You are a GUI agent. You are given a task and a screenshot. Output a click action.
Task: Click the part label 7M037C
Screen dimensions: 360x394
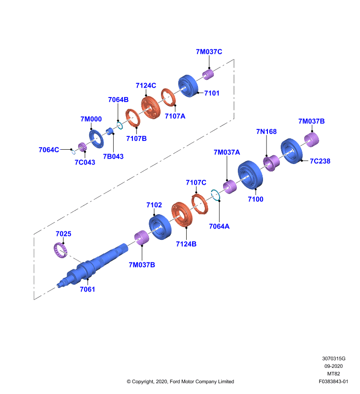(x=209, y=52)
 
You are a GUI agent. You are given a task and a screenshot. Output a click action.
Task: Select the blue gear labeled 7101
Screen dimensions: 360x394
(x=188, y=86)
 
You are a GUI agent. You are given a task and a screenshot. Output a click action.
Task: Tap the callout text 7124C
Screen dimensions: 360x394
(x=146, y=85)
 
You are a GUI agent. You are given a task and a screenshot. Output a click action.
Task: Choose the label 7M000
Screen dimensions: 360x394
(x=91, y=119)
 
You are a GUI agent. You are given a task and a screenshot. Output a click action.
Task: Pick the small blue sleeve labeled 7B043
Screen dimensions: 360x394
(x=110, y=131)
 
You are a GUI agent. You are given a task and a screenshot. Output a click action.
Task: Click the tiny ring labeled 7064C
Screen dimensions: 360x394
(x=73, y=152)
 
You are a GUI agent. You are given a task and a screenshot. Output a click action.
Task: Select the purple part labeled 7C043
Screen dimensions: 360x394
(x=82, y=147)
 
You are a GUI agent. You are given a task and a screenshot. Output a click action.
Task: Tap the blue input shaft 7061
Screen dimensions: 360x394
(x=93, y=265)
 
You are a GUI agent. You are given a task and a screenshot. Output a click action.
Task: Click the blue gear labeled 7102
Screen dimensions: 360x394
(x=160, y=227)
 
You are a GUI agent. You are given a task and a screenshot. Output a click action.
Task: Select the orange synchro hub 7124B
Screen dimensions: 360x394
(x=182, y=214)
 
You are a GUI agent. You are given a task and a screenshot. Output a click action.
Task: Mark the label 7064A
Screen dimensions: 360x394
(x=219, y=227)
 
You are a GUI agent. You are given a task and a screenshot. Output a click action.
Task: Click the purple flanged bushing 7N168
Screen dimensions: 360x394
(x=271, y=163)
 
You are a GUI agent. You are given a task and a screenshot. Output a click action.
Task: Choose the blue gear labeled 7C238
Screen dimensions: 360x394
(x=292, y=151)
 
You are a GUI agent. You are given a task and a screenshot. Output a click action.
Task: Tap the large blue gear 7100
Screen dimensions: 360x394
(x=250, y=175)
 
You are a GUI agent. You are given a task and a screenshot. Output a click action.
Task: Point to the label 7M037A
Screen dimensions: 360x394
(x=227, y=152)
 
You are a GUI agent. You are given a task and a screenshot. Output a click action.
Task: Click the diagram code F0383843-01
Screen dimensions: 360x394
(x=333, y=381)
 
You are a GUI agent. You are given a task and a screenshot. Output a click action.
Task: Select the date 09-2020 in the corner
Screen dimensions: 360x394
(x=333, y=366)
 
